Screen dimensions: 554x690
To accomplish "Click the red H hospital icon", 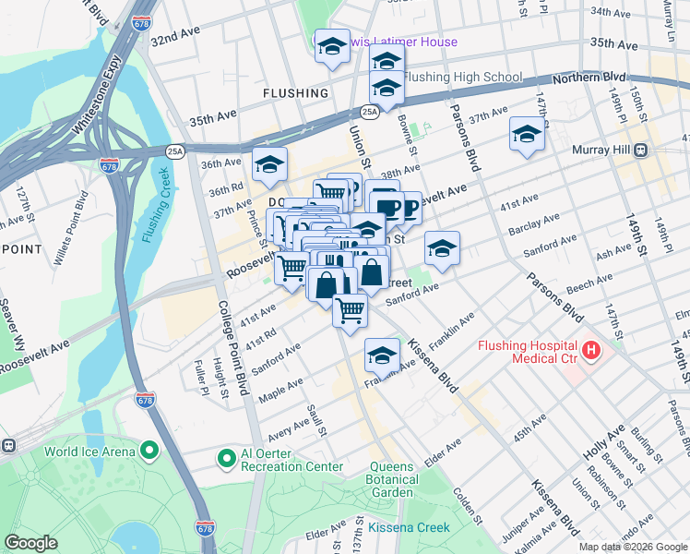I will pyautogui.click(x=589, y=352).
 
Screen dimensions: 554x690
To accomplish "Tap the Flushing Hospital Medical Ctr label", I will pyautogui.click(x=527, y=353).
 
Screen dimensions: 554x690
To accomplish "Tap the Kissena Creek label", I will pyautogui.click(x=409, y=527).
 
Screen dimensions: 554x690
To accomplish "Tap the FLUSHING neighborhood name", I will pyautogui.click(x=295, y=93).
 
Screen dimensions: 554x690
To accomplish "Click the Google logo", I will pyautogui.click(x=32, y=543).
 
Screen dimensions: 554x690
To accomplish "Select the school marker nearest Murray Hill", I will pyautogui.click(x=527, y=136).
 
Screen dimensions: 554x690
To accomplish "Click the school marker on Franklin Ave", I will pyautogui.click(x=382, y=354).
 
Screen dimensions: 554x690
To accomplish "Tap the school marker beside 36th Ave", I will pyautogui.click(x=269, y=163).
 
